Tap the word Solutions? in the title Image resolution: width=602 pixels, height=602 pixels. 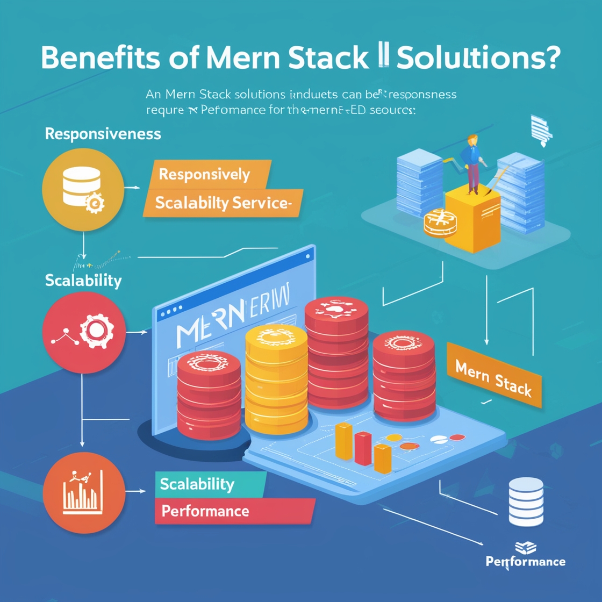478,58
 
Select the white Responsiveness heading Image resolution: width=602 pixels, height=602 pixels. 103,133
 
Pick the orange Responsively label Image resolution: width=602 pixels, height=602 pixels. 204,174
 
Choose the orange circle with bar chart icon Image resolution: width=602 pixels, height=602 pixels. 84,492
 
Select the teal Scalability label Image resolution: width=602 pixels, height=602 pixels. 197,484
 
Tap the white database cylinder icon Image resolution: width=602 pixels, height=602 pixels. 526,501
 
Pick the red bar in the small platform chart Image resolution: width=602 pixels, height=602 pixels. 363,448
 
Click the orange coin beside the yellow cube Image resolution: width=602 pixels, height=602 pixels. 440,224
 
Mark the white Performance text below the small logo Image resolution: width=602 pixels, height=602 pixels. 525,562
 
